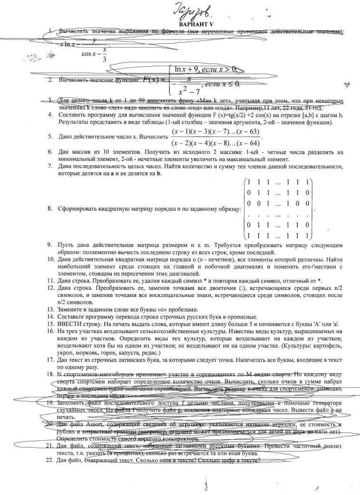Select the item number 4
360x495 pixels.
coord(50,115)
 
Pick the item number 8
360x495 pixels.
coord(50,208)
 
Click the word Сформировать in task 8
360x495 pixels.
coord(77,208)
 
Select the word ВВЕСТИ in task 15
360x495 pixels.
coord(69,324)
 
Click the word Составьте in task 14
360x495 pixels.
coord(72,317)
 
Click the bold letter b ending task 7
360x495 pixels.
coord(159,174)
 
